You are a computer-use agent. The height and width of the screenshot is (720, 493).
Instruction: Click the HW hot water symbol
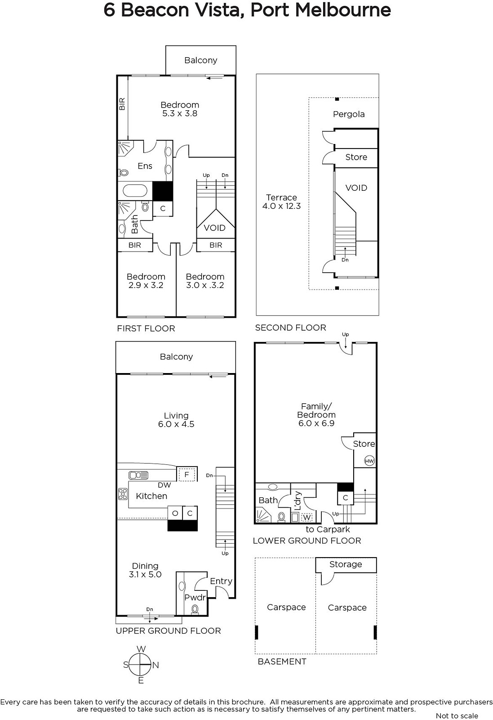pyautogui.click(x=369, y=461)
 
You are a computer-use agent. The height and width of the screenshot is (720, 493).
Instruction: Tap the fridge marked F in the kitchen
pyautogui.click(x=187, y=474)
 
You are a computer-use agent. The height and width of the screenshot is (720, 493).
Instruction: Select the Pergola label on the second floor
pyautogui.click(x=349, y=114)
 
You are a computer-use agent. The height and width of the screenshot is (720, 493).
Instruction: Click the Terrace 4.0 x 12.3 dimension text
pyautogui.click(x=281, y=206)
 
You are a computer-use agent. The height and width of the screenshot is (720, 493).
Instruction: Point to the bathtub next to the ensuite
pyautogui.click(x=135, y=191)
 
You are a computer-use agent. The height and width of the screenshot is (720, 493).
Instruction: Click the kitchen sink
pyautogui.click(x=138, y=475)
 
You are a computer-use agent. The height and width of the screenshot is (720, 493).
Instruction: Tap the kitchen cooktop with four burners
pyautogui.click(x=123, y=494)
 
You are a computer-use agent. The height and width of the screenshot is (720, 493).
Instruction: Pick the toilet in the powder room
pyautogui.click(x=195, y=608)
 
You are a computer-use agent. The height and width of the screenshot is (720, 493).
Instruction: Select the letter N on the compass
pyautogui.click(x=155, y=665)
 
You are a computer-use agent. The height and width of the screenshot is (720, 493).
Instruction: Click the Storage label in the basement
pyautogui.click(x=346, y=564)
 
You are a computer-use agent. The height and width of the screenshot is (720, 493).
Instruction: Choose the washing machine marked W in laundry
pyautogui.click(x=307, y=517)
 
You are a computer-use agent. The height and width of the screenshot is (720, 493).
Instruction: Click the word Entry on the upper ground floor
pyautogui.click(x=221, y=581)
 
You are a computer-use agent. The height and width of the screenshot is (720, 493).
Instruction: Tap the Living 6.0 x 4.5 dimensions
pyautogui.click(x=176, y=424)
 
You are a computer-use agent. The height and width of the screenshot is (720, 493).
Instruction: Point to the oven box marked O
pyautogui.click(x=175, y=513)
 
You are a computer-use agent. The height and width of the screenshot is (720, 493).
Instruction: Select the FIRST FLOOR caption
pyautogui.click(x=146, y=328)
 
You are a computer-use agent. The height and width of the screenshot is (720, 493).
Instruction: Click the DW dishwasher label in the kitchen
pyautogui.click(x=164, y=485)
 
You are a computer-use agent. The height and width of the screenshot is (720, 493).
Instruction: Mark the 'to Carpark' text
pyautogui.click(x=328, y=529)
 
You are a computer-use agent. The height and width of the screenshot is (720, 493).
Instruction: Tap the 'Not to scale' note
pyautogui.click(x=457, y=716)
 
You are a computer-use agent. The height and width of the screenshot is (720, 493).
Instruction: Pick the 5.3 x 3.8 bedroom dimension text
pyautogui.click(x=180, y=113)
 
